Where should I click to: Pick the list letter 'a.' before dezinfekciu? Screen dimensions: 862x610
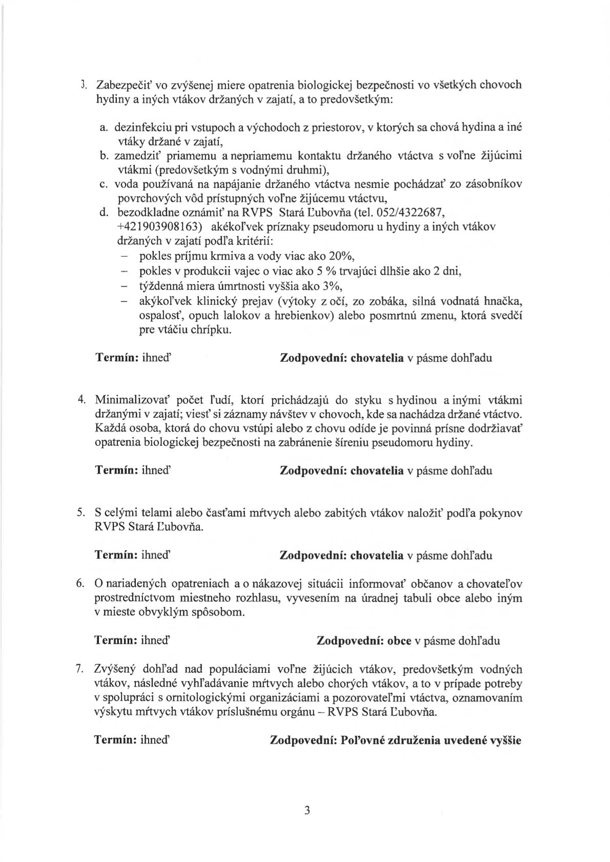104,126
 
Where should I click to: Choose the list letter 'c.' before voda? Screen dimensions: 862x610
104,183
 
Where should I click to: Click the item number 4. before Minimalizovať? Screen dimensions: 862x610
81,399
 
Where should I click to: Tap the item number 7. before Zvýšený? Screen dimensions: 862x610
81,668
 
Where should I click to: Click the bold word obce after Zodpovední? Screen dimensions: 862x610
399,641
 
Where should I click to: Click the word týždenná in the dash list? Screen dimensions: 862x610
159,285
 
